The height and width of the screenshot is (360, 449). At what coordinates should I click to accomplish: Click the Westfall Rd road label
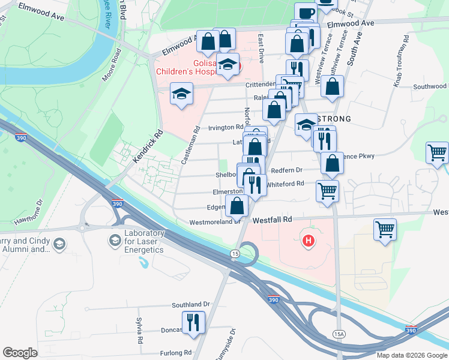272,220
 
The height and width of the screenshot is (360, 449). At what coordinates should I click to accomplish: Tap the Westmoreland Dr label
214,221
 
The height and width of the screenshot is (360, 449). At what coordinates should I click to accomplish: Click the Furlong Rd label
175,353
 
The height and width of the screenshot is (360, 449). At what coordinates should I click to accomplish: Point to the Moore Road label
112,64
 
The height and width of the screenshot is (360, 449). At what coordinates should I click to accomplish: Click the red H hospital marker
309,241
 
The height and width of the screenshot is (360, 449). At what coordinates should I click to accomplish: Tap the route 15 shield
234,254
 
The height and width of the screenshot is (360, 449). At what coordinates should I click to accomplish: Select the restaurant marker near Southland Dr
193,322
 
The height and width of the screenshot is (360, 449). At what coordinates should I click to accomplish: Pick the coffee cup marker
305,12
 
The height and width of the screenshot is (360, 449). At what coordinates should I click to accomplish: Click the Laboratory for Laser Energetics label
144,241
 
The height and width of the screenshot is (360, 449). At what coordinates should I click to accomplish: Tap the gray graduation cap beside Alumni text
59,244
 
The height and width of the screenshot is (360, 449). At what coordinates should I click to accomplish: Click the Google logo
20,353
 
